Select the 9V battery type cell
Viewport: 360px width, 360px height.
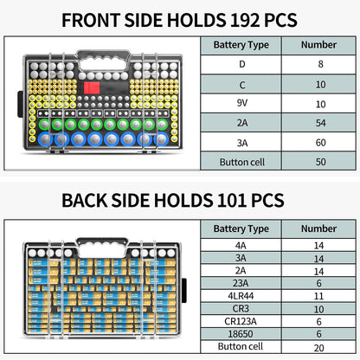point(241,103)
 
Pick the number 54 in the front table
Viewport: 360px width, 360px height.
point(320,123)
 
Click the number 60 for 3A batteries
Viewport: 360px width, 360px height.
point(320,143)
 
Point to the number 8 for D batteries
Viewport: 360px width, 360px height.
point(320,64)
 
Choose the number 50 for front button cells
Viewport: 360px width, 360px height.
point(320,162)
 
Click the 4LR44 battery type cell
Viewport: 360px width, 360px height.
point(241,296)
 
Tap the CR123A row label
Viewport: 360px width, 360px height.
point(241,321)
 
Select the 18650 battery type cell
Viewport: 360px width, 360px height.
point(241,334)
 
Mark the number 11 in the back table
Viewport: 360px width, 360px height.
point(318,296)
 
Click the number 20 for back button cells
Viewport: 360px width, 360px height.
point(318,348)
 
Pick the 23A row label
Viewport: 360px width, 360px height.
point(241,283)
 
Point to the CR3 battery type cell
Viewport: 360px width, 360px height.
point(241,309)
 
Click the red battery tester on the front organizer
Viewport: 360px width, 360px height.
point(92,88)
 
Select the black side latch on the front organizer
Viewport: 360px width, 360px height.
point(20,104)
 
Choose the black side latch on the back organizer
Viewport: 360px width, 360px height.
point(183,290)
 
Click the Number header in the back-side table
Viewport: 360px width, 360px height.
point(318,228)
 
